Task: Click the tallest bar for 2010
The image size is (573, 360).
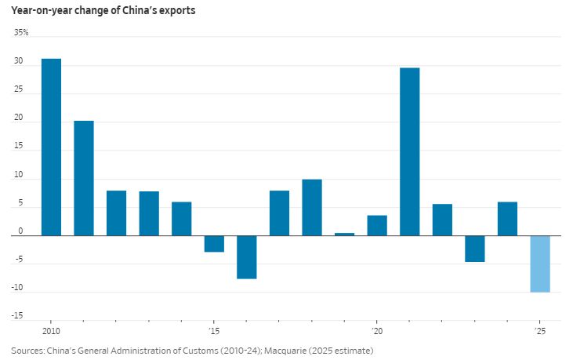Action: [51, 147]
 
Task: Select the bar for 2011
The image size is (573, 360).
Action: [84, 178]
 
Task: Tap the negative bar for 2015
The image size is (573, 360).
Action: [214, 244]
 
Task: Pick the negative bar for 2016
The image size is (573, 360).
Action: [247, 257]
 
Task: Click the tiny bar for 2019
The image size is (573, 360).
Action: [344, 234]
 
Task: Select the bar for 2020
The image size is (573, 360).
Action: [377, 225]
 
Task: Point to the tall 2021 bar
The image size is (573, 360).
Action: [409, 151]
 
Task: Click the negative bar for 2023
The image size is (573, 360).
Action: [475, 249]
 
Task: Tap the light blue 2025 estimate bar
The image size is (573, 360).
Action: [539, 264]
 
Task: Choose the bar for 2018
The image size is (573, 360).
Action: [312, 207]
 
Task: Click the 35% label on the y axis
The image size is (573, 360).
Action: [20, 33]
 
